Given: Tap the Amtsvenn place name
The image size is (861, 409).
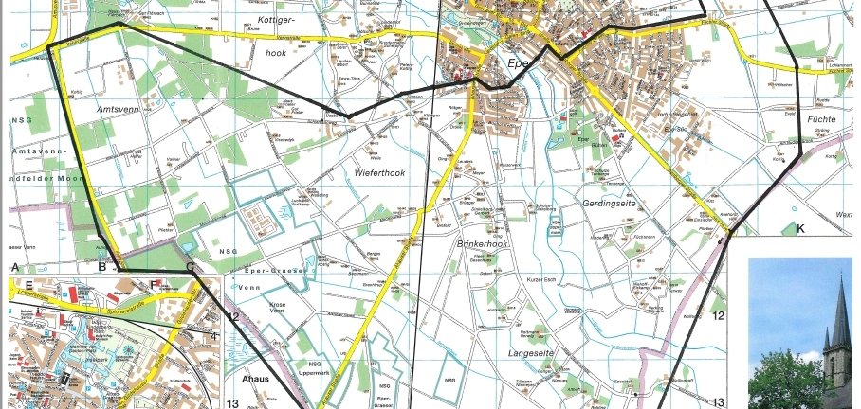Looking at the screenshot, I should [119, 110].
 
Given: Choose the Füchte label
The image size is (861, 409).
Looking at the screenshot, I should [822, 120].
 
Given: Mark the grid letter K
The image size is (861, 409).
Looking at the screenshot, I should [800, 229].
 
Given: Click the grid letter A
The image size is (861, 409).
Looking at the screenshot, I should [15, 268].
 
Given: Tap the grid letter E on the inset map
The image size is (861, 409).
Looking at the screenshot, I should [29, 283].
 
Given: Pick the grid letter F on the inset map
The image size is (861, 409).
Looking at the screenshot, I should [155, 283].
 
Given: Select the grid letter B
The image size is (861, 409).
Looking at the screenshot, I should [101, 268].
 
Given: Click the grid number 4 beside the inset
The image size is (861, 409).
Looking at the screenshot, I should [214, 335].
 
